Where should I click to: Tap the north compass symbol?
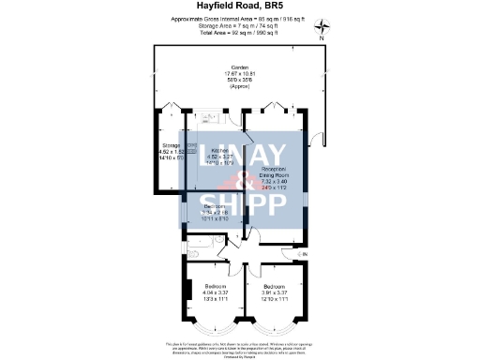click(322, 28)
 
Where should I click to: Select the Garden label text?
click(239, 67)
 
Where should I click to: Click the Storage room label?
click(171, 146)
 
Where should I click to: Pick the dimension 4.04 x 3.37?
click(216, 292)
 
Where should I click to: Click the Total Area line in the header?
click(239, 33)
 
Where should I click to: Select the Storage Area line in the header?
click(239, 25)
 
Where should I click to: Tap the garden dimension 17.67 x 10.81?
click(239, 74)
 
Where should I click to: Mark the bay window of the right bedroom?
click(276, 330)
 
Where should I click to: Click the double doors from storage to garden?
click(169, 104)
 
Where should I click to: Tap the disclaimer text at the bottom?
click(239, 347)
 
